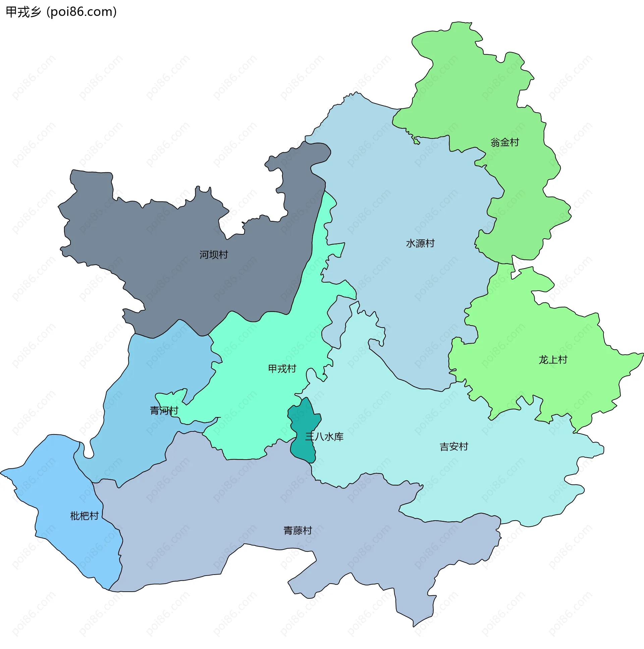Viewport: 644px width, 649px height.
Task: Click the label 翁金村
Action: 504,142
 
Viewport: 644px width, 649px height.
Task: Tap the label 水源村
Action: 420,243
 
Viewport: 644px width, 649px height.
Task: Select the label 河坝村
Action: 214,255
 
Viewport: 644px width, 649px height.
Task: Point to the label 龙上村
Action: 553,360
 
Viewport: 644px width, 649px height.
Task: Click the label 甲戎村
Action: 282,369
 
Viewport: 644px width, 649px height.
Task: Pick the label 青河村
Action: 164,411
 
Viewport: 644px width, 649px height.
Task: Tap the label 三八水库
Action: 324,437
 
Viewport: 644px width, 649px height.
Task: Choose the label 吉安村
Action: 454,447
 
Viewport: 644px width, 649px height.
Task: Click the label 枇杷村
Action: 85,516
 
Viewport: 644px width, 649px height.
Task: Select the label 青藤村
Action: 298,531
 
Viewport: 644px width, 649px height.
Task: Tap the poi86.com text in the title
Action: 82,12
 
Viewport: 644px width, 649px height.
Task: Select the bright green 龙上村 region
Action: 538,336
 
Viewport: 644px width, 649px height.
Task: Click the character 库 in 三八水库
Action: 339,437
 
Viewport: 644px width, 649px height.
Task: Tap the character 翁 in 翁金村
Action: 495,142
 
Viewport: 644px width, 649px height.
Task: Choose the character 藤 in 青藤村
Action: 298,531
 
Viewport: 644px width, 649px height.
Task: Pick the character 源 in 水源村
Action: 420,243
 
